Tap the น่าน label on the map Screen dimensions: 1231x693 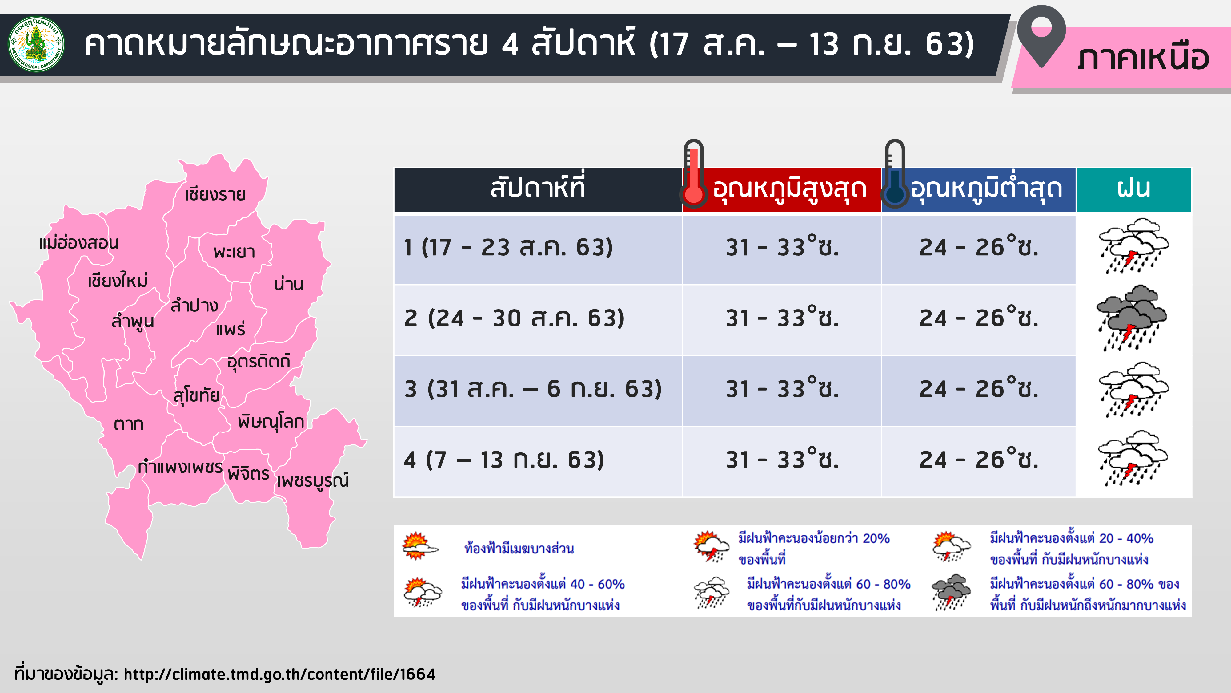click(x=289, y=284)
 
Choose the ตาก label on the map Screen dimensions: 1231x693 click(x=129, y=424)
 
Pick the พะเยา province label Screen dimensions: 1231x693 click(x=234, y=252)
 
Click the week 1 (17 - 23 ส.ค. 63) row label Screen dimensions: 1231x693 click(x=508, y=247)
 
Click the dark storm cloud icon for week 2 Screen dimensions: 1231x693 click(x=1131, y=318)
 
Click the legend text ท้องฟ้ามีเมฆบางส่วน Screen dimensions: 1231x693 click(x=519, y=548)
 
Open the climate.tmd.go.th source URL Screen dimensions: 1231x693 click(x=279, y=674)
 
